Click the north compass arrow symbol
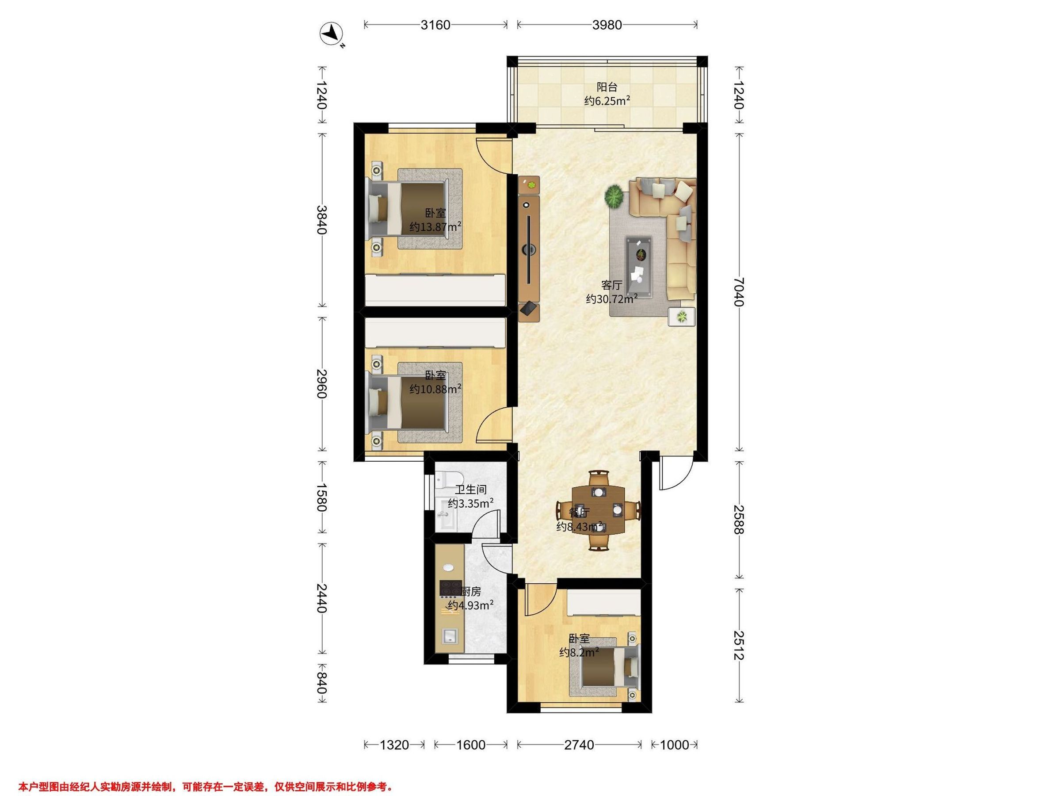click(331, 34)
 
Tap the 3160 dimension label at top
click(435, 24)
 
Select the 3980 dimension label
click(607, 24)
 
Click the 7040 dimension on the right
click(739, 292)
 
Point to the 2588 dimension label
click(739, 520)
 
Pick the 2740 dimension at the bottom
click(580, 745)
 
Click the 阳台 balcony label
click(607, 87)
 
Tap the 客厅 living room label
click(611, 285)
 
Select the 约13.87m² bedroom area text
click(435, 226)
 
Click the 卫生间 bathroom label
click(470, 490)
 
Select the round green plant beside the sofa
click(614, 197)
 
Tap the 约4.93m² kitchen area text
click(470, 605)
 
